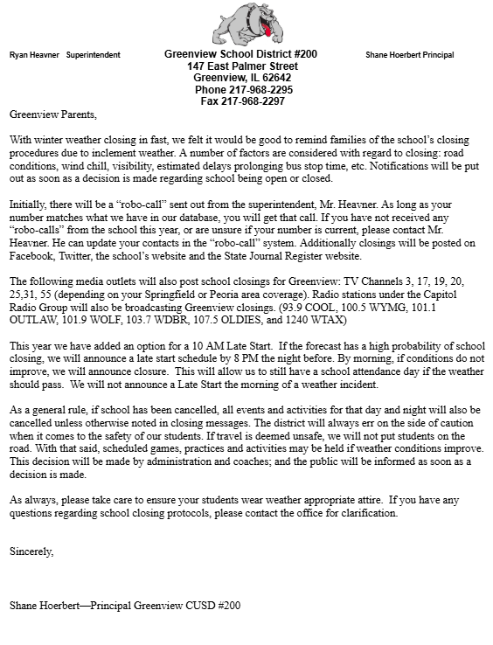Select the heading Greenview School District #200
click(240, 54)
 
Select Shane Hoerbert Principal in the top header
click(409, 55)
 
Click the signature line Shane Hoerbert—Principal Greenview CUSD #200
click(124, 605)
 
